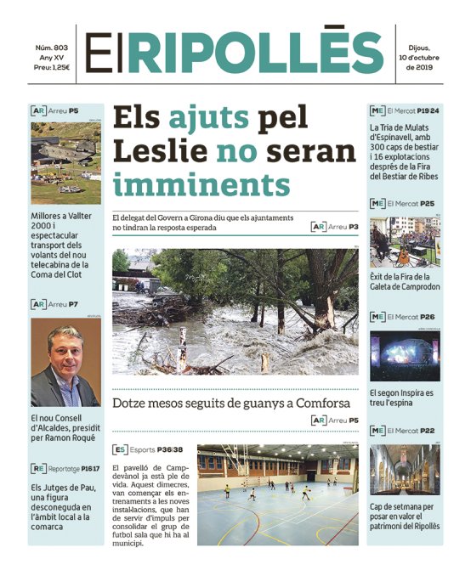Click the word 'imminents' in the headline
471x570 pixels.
tap(201, 183)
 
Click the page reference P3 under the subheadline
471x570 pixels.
tap(353, 227)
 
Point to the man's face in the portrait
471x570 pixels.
tap(63, 347)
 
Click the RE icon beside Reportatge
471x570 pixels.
tap(38, 467)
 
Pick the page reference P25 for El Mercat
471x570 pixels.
tap(428, 204)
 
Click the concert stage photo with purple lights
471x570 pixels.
tap(405, 354)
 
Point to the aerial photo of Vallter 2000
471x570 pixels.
tap(66, 163)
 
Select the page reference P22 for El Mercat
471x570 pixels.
tap(428, 431)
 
